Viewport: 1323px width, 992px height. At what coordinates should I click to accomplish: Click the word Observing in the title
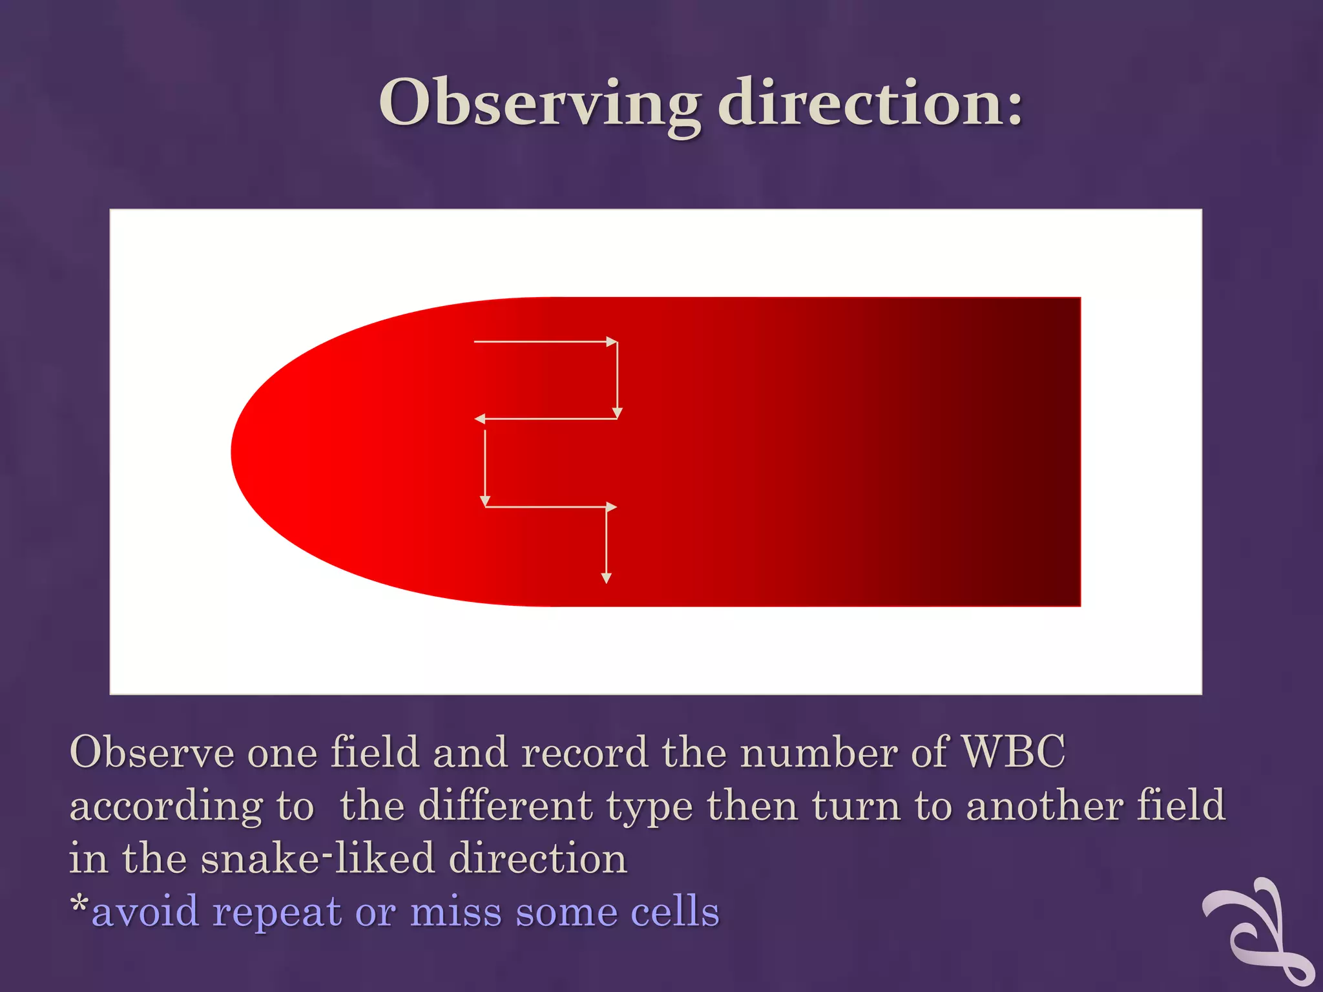click(x=539, y=103)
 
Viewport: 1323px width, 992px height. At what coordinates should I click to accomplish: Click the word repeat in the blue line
click(x=277, y=912)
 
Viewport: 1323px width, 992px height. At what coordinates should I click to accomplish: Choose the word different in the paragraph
click(x=506, y=805)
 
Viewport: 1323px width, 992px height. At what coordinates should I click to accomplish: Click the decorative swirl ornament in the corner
click(x=1260, y=930)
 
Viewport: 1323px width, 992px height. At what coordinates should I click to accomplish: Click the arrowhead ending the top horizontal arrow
click(x=612, y=342)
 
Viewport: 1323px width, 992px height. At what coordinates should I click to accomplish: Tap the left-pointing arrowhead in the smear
click(x=480, y=419)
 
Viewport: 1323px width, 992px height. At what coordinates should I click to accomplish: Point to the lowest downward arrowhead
click(x=606, y=578)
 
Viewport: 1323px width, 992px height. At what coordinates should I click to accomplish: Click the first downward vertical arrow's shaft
click(x=618, y=378)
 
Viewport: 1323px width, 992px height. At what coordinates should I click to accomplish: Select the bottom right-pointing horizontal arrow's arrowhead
click(x=611, y=507)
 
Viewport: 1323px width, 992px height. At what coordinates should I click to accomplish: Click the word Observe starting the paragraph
click(x=151, y=752)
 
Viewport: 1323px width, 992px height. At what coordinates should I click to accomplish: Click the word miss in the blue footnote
click(x=455, y=912)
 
